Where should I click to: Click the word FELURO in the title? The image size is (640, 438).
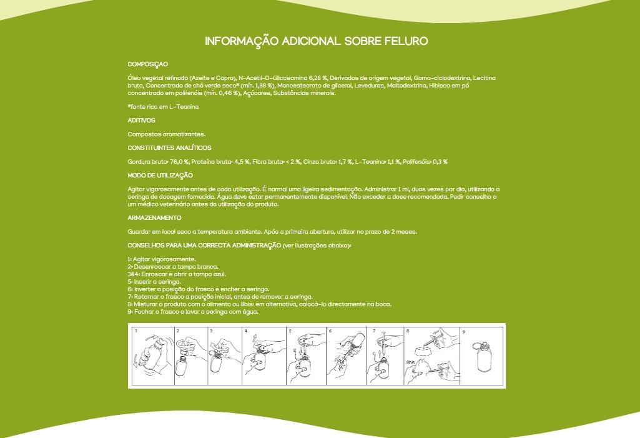tap(406, 41)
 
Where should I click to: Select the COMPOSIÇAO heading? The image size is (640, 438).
tap(148, 64)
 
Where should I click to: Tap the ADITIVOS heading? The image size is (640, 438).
tap(141, 120)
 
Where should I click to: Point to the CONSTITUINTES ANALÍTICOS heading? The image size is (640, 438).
tap(169, 147)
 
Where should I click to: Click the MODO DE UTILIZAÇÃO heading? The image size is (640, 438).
tap(160, 176)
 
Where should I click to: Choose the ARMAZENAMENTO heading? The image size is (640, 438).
tap(154, 217)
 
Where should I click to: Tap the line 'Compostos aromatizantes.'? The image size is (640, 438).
tap(166, 134)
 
